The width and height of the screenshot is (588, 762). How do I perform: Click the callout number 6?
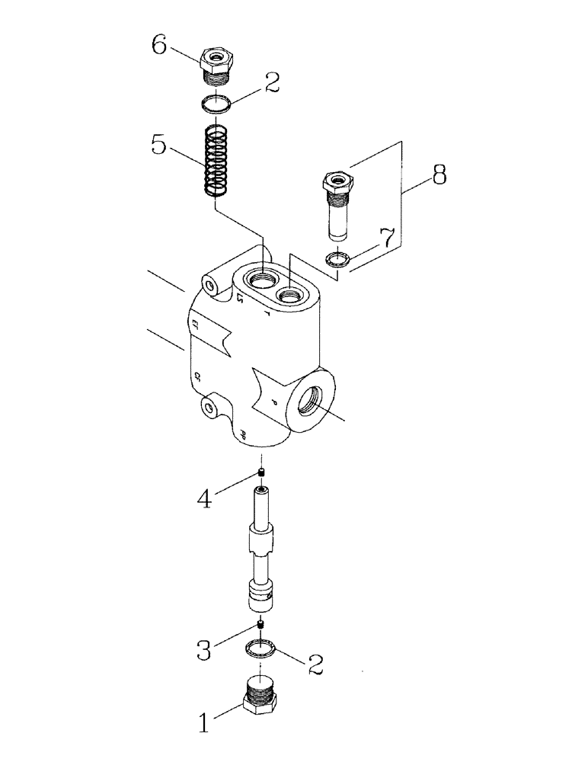158,45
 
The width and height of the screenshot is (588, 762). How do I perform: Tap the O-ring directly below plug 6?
218,104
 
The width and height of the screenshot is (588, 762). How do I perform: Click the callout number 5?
158,145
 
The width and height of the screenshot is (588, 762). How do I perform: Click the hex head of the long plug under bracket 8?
336,181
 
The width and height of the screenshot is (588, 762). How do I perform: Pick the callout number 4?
203,499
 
